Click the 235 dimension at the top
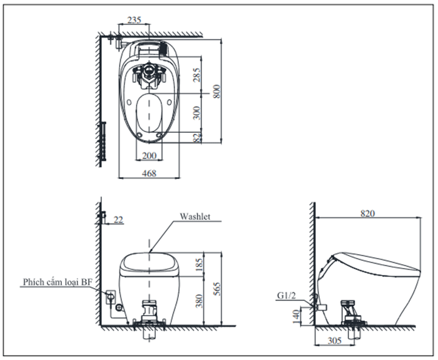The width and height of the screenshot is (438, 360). (x=134, y=20)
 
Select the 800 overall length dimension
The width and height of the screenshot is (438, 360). (x=216, y=91)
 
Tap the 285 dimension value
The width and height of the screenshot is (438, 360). (x=197, y=75)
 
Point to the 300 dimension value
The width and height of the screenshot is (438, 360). (x=197, y=113)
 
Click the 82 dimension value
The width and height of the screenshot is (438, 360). (x=197, y=138)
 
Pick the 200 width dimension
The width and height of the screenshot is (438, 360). (x=149, y=156)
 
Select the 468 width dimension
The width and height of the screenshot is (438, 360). (x=149, y=173)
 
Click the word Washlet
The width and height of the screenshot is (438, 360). (x=195, y=217)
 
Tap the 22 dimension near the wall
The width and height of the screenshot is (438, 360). (x=118, y=220)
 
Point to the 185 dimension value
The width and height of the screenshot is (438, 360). (x=199, y=264)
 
